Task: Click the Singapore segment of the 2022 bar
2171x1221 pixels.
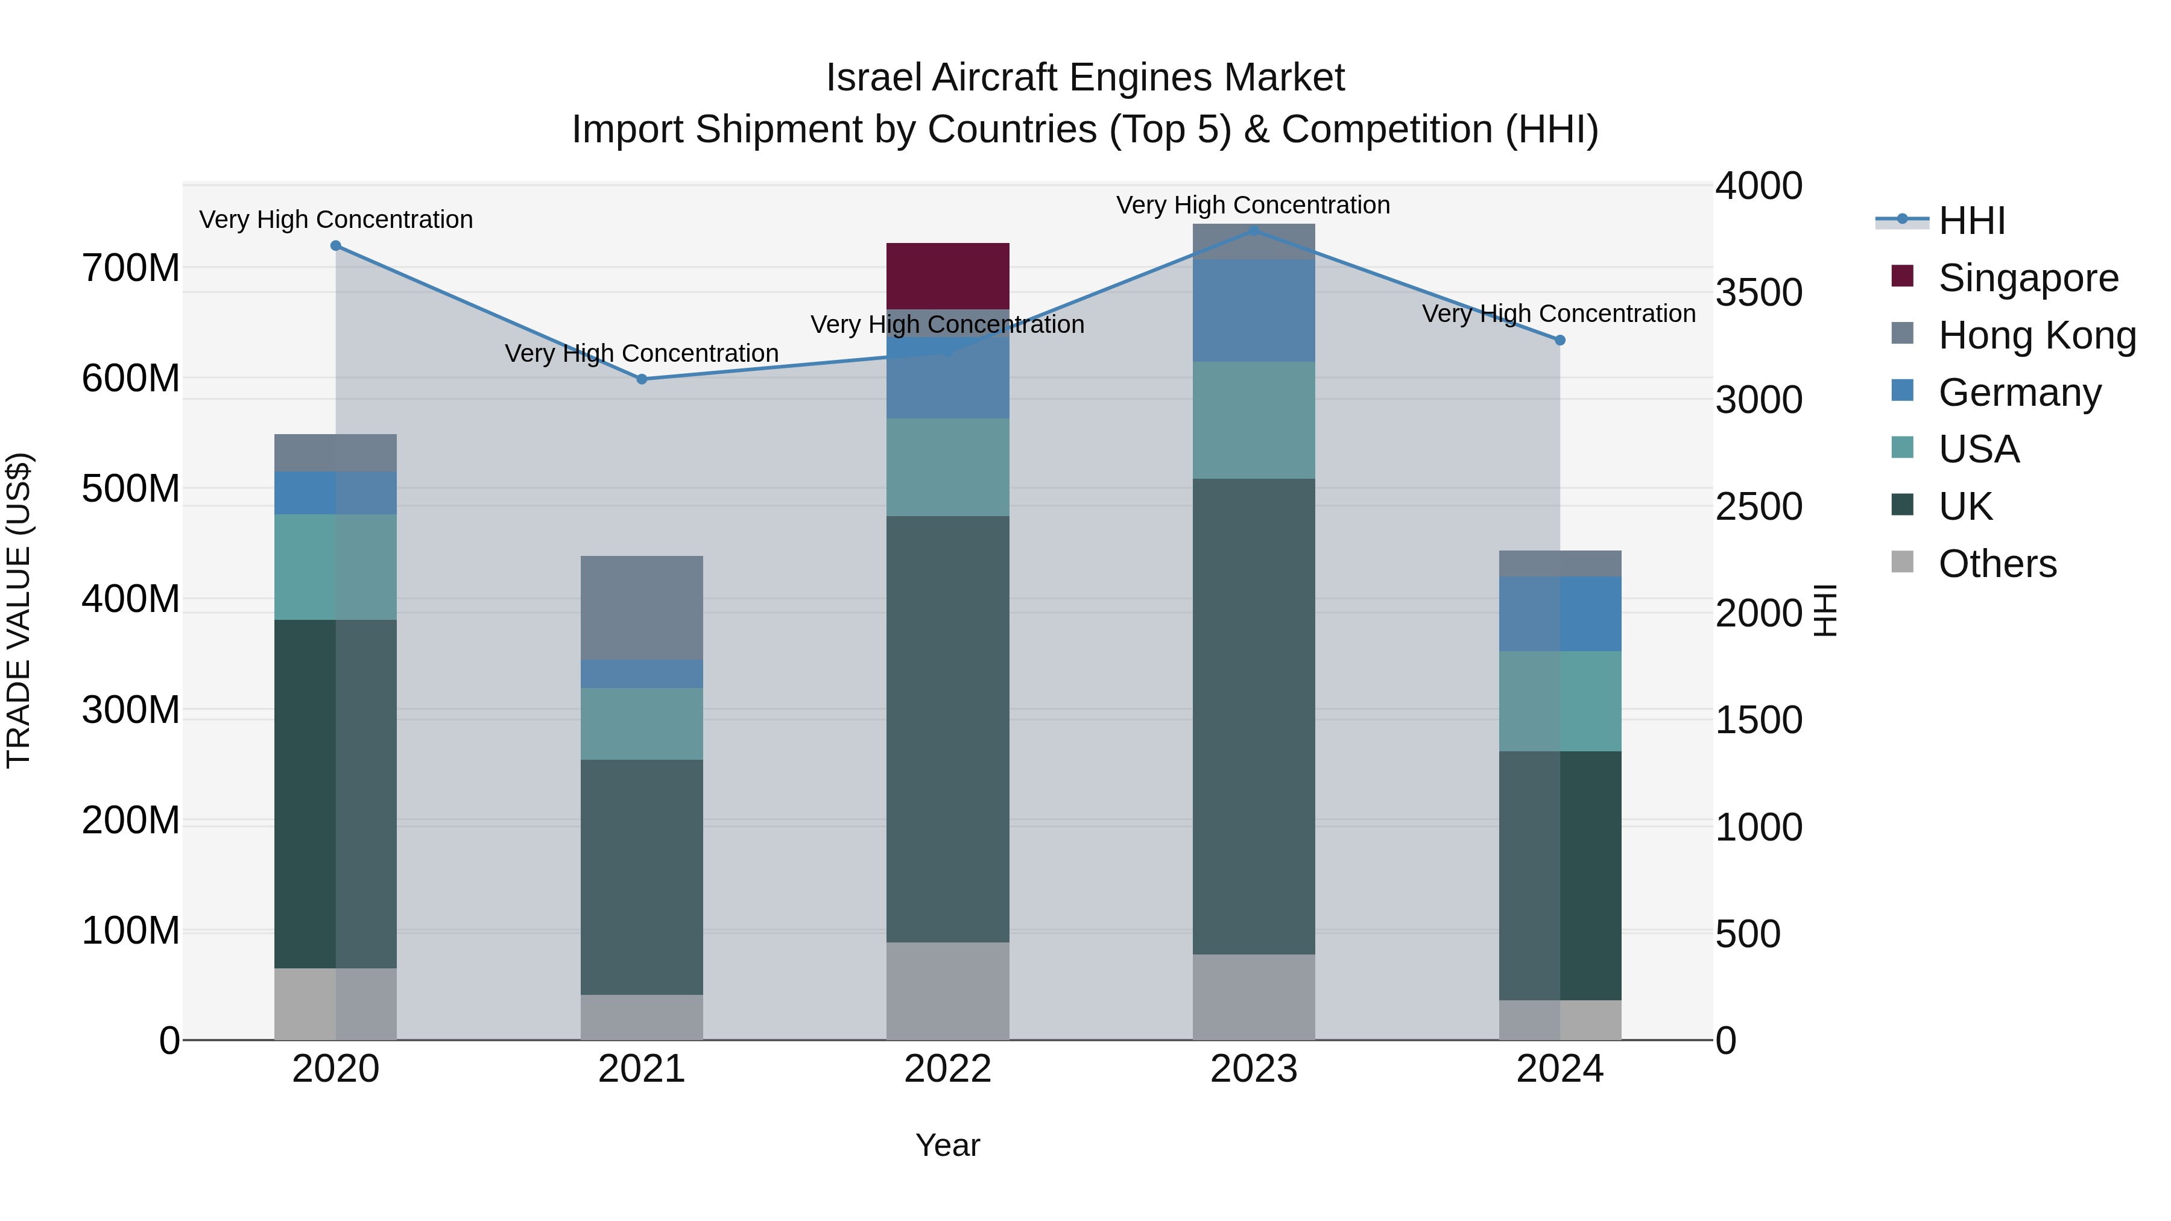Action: pos(947,276)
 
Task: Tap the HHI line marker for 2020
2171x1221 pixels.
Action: pos(335,246)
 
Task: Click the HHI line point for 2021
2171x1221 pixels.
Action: pos(642,379)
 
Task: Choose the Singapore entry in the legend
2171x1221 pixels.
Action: pos(2027,278)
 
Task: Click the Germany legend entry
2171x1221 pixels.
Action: pos(2019,393)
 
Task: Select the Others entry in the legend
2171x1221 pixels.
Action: pos(1997,564)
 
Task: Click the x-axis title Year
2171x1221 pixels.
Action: pos(947,1145)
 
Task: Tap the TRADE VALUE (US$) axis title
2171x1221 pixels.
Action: pos(19,610)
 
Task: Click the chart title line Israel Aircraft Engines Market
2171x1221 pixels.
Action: pos(1085,78)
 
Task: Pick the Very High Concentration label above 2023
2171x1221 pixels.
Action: pos(1253,205)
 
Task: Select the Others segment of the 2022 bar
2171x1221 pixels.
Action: pos(947,990)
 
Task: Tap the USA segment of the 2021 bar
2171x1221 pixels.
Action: pos(642,723)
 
